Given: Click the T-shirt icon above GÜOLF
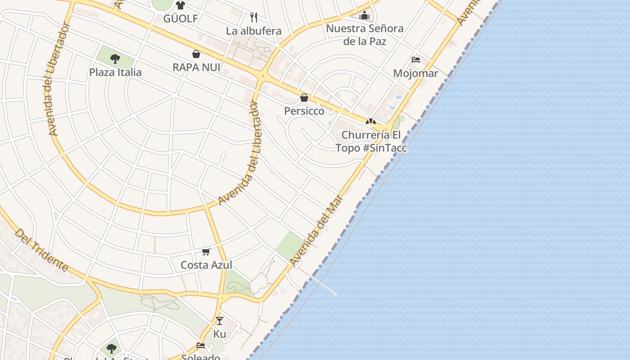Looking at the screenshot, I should [180, 5].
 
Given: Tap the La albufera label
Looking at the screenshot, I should [254, 31].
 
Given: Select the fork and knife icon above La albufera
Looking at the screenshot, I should [254, 18].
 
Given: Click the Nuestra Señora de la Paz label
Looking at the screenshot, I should [364, 35].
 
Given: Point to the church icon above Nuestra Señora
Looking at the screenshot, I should [364, 16].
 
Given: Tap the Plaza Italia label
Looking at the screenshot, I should [115, 72].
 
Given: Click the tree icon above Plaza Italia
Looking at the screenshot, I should [115, 58].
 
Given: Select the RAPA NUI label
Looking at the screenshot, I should [197, 67].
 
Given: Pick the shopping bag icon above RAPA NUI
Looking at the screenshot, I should [196, 54].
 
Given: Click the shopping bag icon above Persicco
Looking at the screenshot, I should [304, 98].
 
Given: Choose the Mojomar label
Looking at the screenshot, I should [415, 73].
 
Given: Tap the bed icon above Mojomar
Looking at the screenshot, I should [416, 60].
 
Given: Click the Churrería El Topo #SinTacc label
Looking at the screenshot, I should [371, 141].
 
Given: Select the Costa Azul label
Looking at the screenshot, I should [206, 265].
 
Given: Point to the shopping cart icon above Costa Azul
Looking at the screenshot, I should [206, 252].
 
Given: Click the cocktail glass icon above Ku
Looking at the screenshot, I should [220, 321].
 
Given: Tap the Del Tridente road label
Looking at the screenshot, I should [41, 250].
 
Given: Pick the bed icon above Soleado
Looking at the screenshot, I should [201, 346].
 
